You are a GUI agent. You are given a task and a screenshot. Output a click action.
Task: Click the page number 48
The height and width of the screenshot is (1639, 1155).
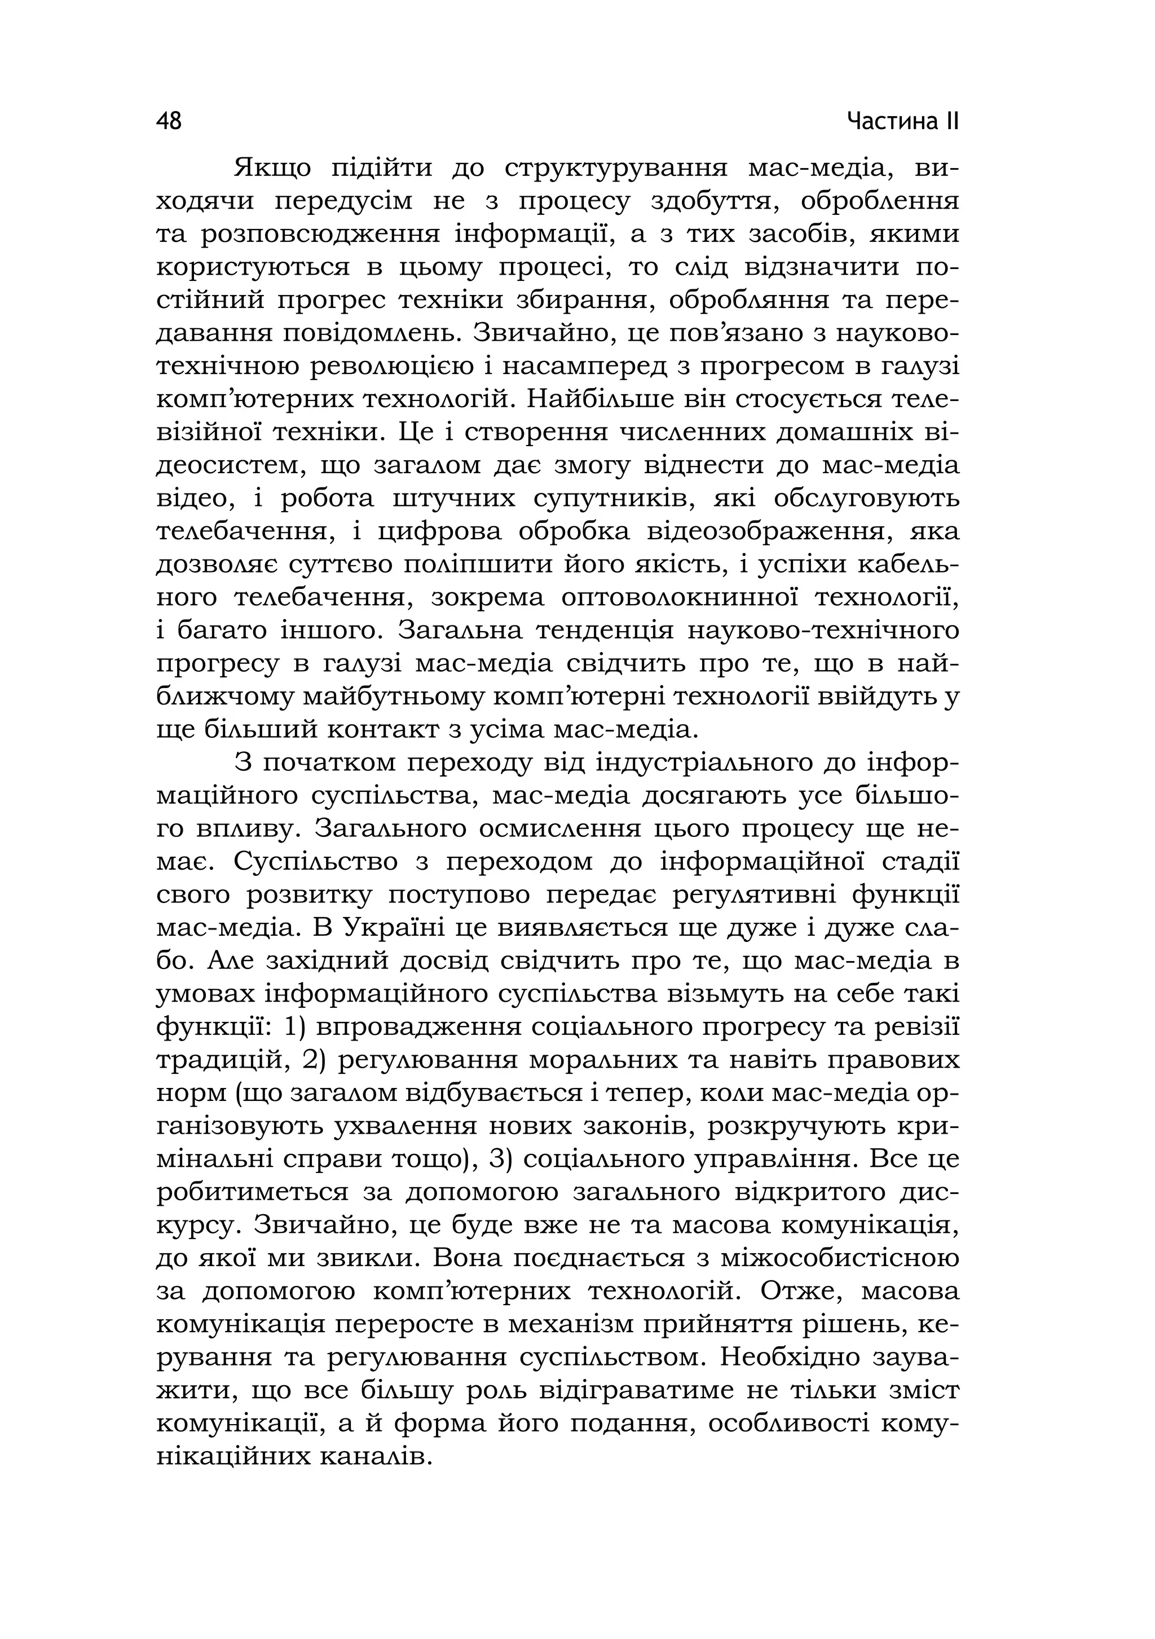tap(169, 121)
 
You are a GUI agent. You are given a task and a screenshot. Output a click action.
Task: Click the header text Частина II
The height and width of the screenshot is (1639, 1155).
tap(902, 121)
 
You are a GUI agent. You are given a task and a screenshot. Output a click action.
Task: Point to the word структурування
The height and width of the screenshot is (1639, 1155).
tap(615, 169)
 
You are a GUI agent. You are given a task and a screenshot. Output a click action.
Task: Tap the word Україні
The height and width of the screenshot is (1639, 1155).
tap(400, 928)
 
